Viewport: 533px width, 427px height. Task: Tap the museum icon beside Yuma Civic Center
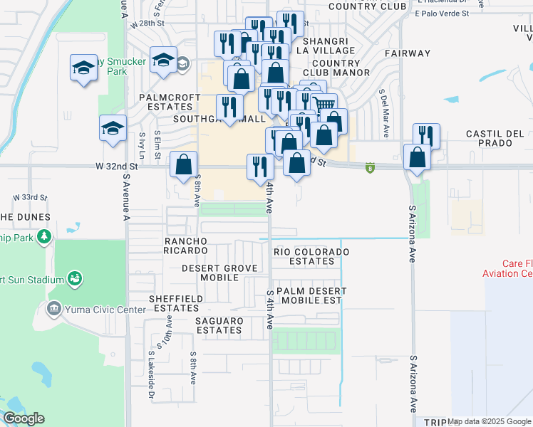(x=53, y=309)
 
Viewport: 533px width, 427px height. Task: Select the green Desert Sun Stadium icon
(x=74, y=279)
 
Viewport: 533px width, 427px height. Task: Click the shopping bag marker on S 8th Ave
(x=183, y=164)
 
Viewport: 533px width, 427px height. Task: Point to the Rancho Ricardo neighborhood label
(x=186, y=246)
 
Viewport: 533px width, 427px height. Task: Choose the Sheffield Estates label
(x=175, y=303)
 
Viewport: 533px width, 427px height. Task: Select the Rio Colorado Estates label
(x=312, y=256)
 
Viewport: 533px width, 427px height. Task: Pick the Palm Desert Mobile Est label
(x=311, y=296)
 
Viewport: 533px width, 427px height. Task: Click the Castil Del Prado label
(x=495, y=139)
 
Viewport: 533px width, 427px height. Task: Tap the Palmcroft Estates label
(x=166, y=102)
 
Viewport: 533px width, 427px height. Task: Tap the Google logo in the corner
(x=24, y=418)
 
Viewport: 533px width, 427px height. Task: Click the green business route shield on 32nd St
(x=370, y=168)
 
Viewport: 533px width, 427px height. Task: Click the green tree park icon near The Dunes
(x=44, y=235)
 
